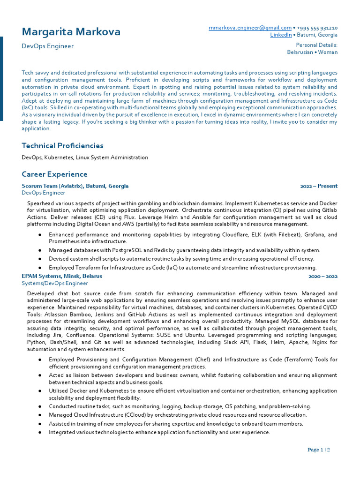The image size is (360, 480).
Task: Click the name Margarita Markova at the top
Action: [x=71, y=32]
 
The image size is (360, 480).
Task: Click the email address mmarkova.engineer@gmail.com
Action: [x=250, y=28]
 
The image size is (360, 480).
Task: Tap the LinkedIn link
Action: [x=280, y=35]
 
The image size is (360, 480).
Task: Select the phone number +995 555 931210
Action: [x=317, y=28]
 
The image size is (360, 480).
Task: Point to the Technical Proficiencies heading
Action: [x=62, y=146]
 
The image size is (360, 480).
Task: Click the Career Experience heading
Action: [x=54, y=174]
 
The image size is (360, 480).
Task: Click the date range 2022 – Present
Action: [x=319, y=186]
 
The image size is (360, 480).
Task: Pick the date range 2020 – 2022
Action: [x=323, y=277]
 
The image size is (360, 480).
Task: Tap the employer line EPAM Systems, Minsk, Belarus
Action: [x=62, y=277]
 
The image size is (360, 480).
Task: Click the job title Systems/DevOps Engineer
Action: [x=55, y=284]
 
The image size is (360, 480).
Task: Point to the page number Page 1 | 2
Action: [x=319, y=450]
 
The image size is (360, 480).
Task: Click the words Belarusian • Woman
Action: [x=312, y=52]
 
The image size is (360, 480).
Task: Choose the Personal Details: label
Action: [x=317, y=45]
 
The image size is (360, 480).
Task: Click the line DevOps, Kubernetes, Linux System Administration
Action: [x=85, y=157]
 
